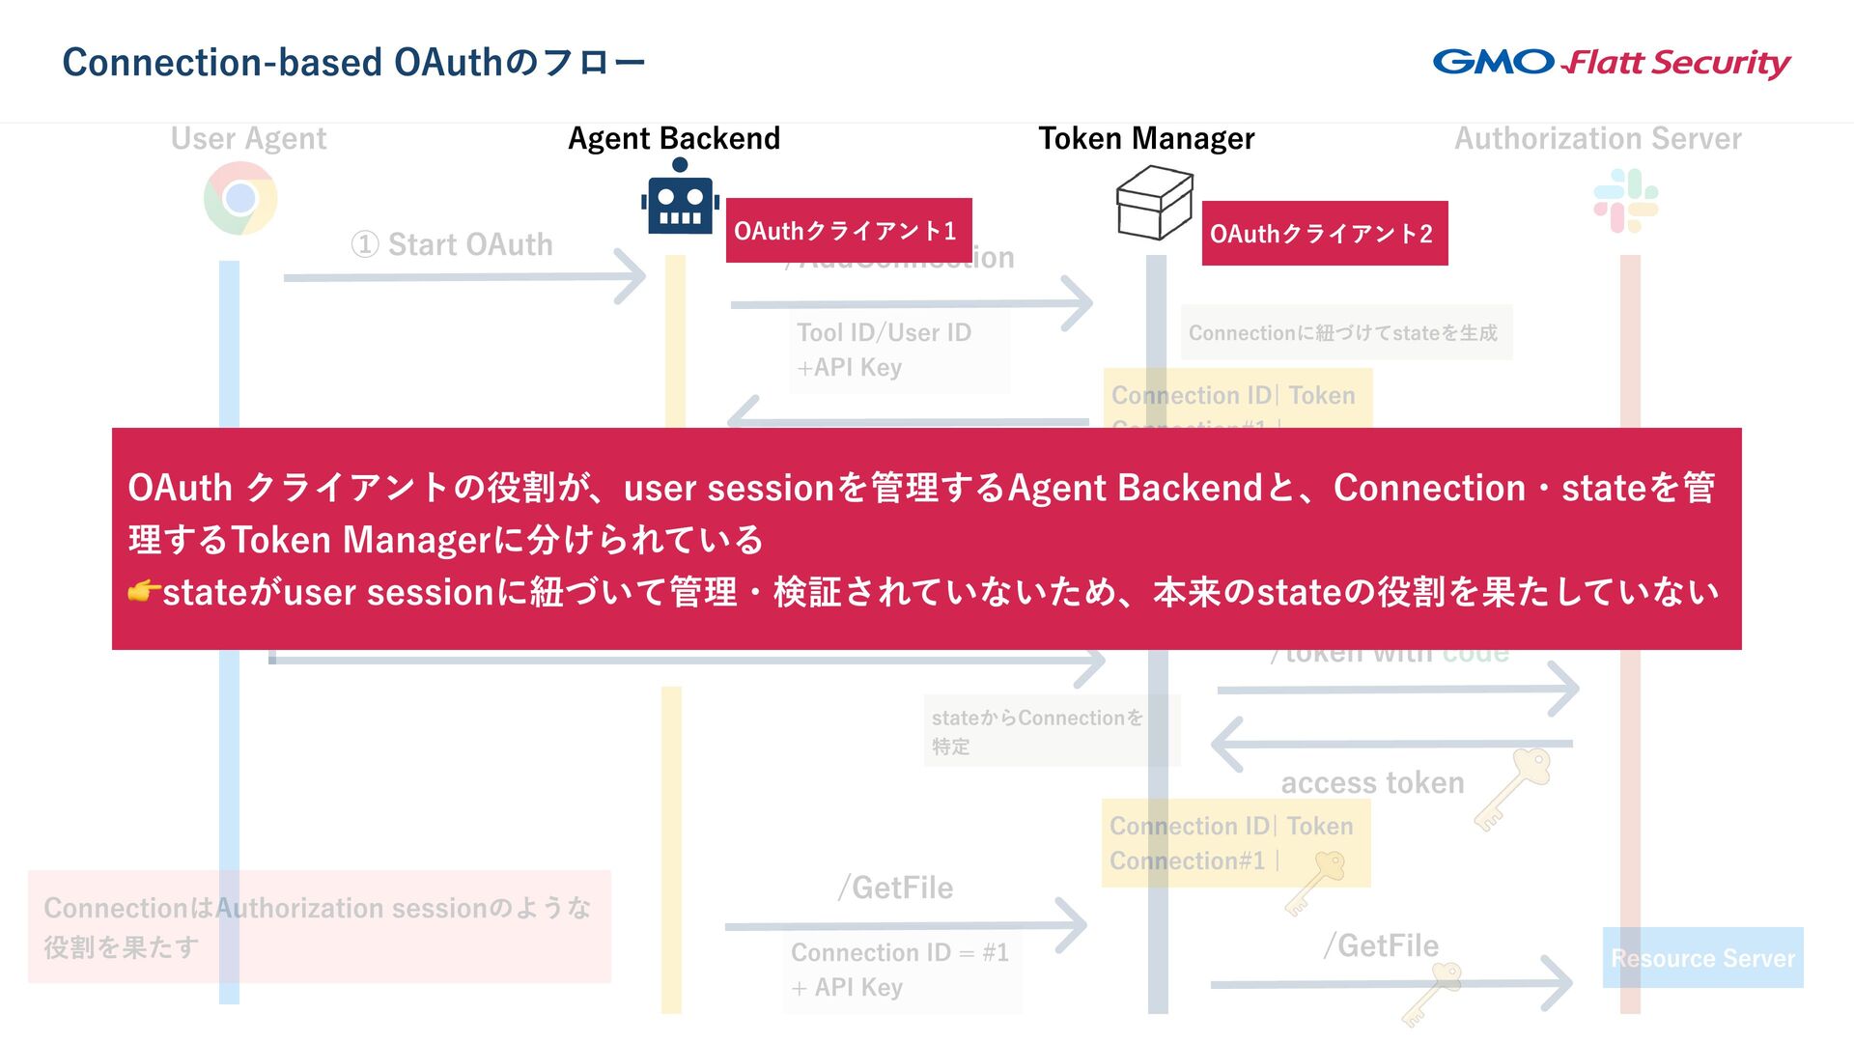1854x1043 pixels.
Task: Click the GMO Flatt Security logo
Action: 1611,63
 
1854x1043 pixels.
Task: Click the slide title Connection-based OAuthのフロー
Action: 353,63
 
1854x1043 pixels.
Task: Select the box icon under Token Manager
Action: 1154,203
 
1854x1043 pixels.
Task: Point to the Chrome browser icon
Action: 240,199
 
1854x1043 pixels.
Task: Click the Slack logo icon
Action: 1626,201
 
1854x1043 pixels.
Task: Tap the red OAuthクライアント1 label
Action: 848,231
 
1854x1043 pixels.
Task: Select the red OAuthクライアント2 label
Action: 1324,234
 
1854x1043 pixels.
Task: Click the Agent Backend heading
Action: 674,139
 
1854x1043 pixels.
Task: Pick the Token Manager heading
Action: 1146,139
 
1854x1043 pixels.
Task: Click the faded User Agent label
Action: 248,139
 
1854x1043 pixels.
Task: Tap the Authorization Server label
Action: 1598,139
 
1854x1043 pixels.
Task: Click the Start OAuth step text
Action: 452,245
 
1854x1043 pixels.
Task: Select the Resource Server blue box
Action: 1702,958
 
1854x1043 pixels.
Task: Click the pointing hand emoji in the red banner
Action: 144,591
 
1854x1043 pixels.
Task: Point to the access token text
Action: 1372,782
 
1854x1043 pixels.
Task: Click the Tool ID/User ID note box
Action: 898,350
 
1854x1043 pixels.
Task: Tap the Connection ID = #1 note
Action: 900,970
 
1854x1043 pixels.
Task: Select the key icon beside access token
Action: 1513,787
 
